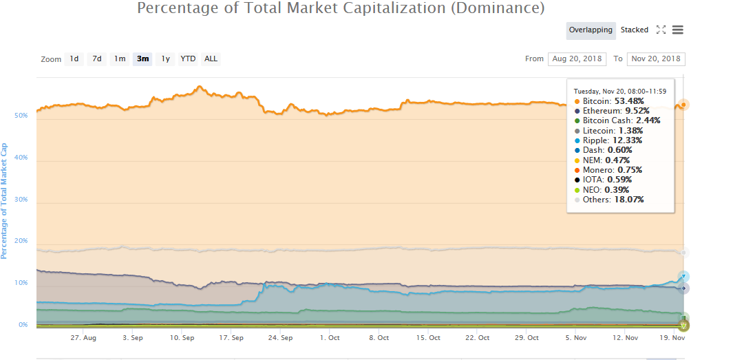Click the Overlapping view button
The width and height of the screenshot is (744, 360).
point(591,30)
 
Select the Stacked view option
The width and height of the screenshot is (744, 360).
point(634,30)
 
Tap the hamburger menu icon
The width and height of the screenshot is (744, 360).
point(677,30)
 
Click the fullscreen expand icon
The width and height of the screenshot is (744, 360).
point(661,30)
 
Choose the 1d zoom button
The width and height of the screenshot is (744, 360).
point(74,59)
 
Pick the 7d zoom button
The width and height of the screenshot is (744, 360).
point(97,59)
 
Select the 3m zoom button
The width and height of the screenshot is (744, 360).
point(142,59)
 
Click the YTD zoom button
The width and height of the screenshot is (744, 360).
point(188,59)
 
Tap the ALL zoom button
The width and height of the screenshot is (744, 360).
point(211,59)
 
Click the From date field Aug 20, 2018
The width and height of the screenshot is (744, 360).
point(577,59)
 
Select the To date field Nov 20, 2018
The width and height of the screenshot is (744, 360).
point(655,59)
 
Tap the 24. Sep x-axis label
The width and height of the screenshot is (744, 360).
point(280,338)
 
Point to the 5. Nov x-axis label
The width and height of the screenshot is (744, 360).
point(576,338)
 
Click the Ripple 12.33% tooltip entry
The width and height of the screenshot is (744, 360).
point(611,140)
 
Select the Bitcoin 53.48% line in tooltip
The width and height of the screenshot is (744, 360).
point(612,100)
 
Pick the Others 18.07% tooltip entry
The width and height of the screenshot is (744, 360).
point(613,200)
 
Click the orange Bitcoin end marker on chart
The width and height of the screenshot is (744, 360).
point(683,105)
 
